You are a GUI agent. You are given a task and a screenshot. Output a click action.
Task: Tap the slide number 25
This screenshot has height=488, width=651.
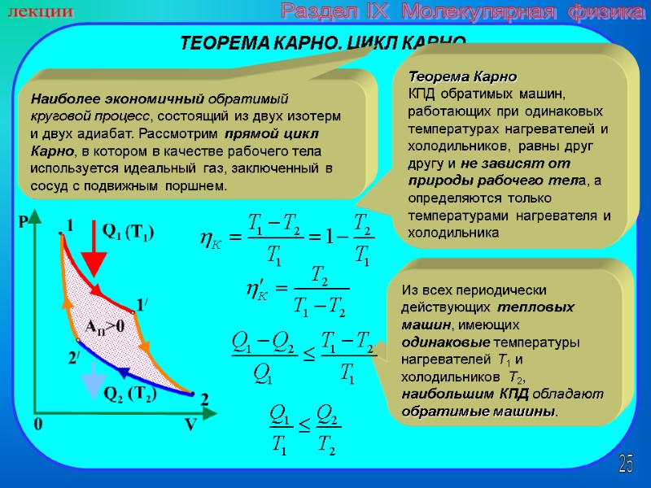click(626, 464)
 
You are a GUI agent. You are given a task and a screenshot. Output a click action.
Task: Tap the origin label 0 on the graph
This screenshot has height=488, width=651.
click(37, 425)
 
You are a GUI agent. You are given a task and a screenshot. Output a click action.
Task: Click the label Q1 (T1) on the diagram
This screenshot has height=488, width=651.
click(128, 232)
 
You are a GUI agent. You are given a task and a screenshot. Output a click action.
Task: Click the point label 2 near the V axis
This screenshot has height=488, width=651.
click(204, 399)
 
